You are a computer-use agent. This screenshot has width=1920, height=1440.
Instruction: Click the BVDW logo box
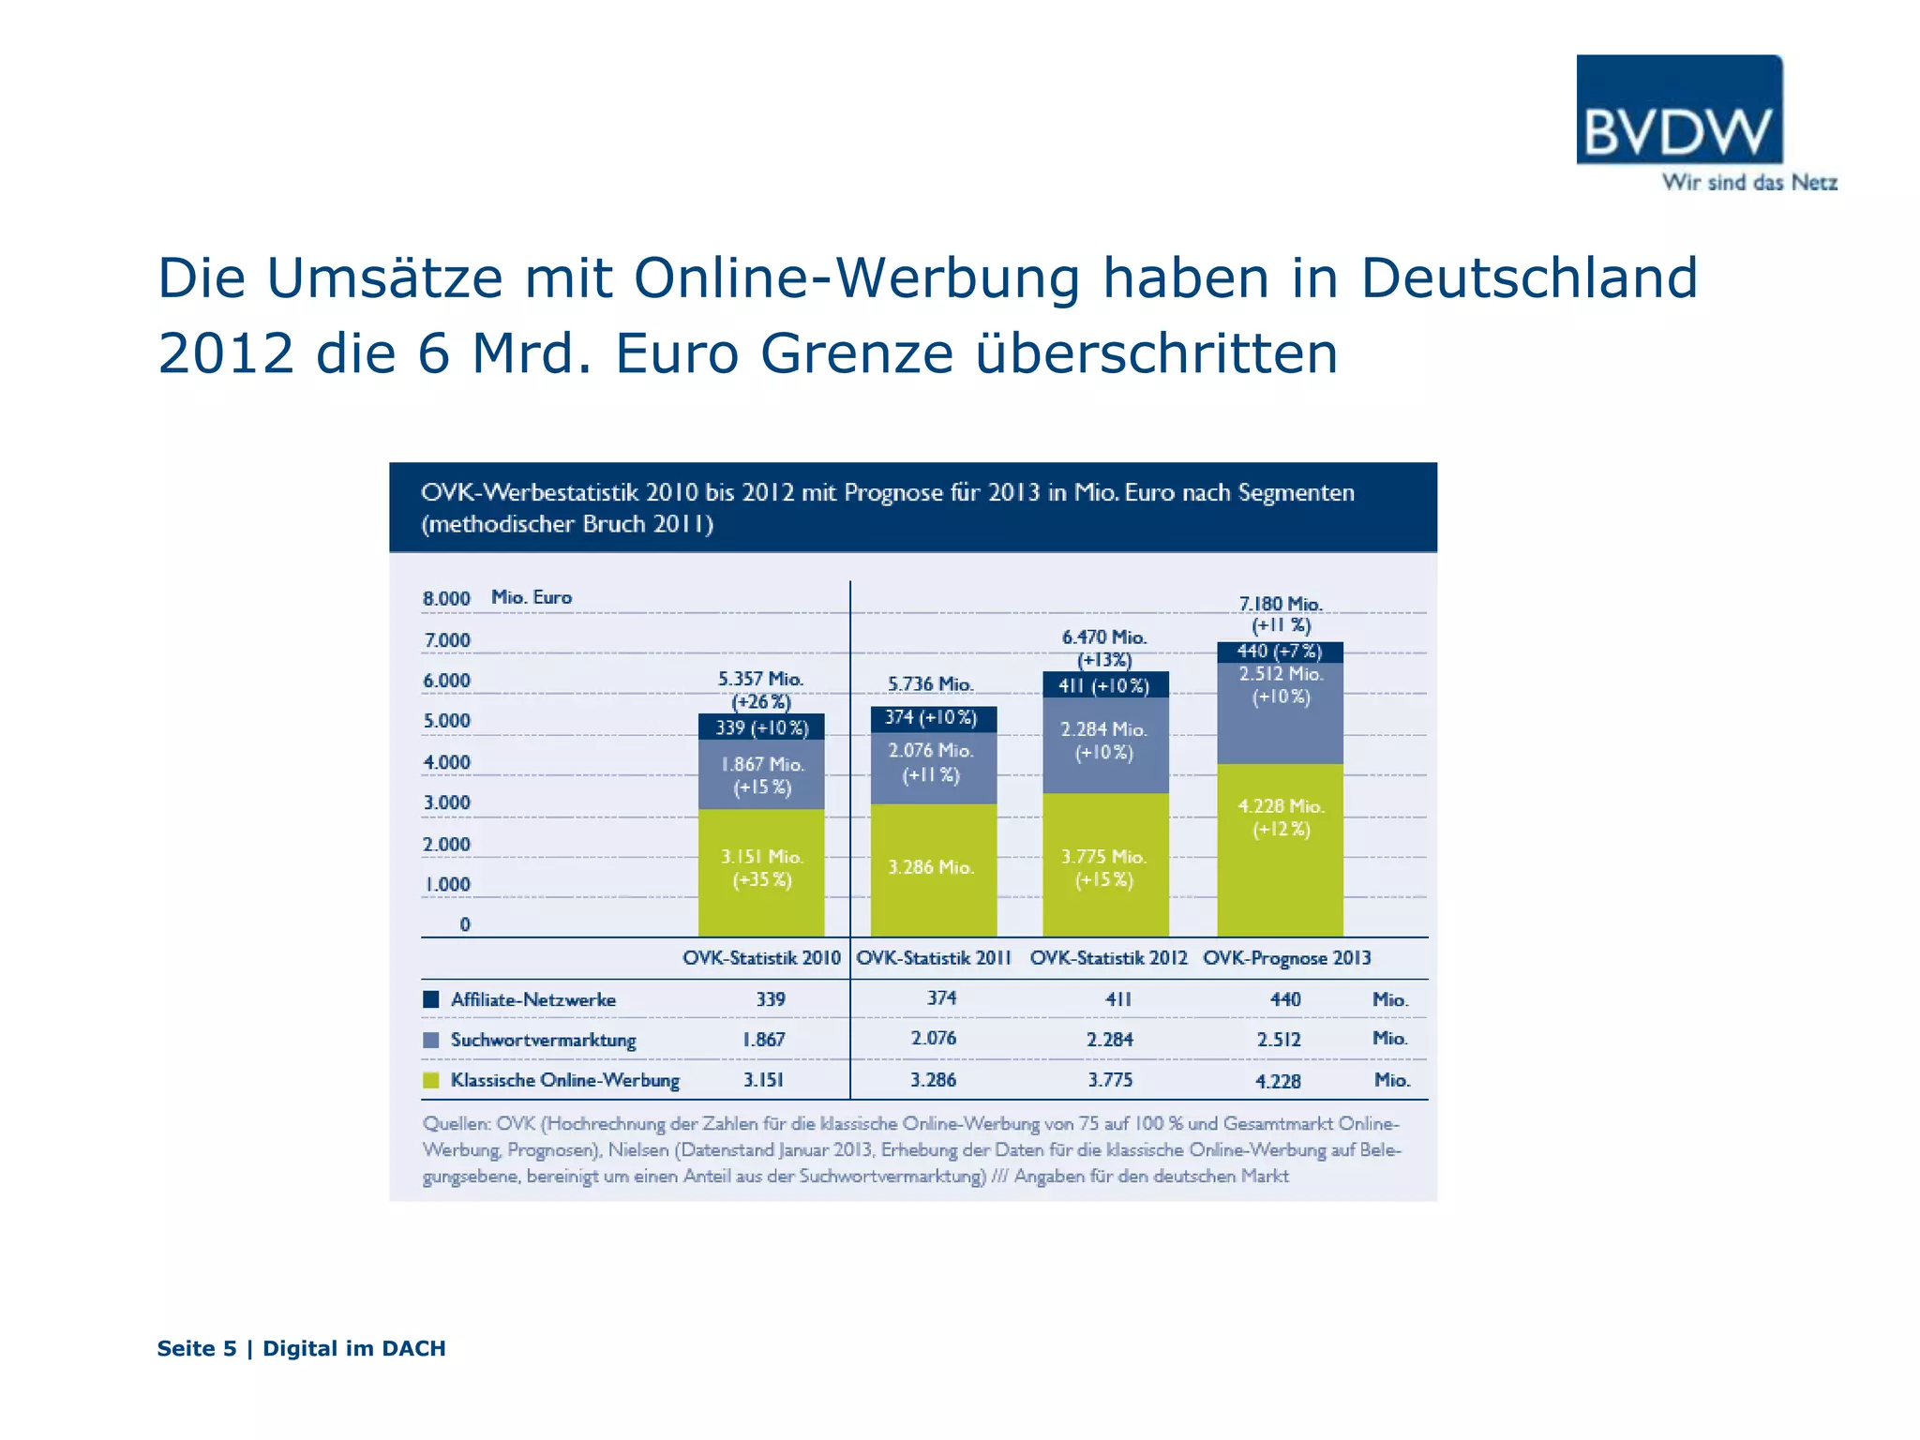coord(1679,110)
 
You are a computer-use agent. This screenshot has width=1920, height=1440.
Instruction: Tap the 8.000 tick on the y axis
coord(446,599)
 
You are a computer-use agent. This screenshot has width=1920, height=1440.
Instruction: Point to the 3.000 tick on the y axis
coord(446,802)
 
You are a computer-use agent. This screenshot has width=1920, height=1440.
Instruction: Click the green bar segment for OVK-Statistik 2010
coord(761,872)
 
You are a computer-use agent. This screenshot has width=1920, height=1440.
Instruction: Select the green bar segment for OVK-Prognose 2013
coord(1280,849)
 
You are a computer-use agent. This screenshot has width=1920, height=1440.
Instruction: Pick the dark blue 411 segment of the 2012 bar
coord(1105,685)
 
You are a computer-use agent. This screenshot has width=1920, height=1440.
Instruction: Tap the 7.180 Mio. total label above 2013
coord(1281,605)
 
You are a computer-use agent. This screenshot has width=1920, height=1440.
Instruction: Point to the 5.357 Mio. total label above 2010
coord(760,679)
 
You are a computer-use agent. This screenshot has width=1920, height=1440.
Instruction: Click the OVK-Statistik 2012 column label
coord(1108,958)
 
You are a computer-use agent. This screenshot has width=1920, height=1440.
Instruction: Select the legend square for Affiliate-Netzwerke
coord(431,999)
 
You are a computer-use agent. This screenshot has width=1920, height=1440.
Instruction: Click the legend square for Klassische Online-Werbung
coord(431,1080)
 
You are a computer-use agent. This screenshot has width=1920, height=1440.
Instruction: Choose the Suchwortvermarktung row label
coord(543,1040)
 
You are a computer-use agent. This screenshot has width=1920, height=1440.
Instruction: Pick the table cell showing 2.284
coord(1109,1040)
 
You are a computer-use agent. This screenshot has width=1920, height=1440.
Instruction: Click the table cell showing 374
coord(941,998)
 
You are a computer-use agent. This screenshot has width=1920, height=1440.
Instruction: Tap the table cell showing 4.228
coord(1278,1081)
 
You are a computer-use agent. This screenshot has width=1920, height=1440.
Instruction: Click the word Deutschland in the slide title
coord(1528,278)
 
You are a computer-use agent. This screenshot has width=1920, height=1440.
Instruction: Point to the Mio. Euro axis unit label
coord(532,597)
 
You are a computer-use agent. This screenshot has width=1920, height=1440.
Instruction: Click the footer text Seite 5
coord(197,1348)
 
